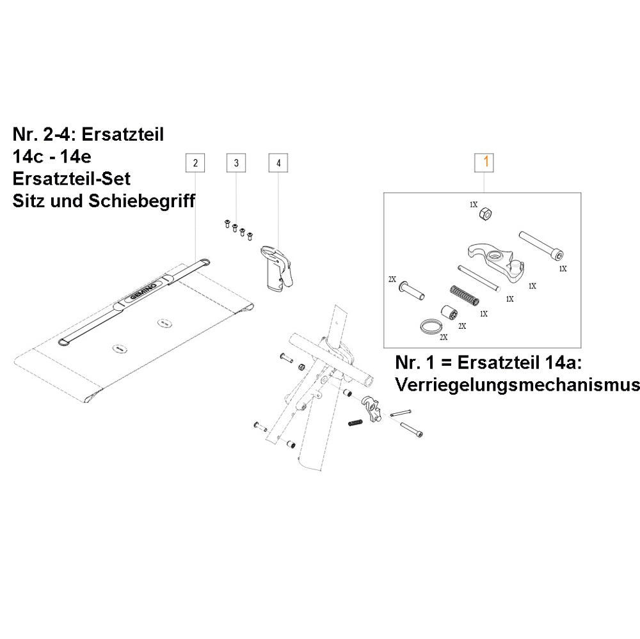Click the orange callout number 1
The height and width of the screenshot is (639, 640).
(484, 162)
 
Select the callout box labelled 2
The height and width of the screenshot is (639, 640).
(195, 163)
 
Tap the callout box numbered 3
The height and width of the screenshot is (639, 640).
(236, 163)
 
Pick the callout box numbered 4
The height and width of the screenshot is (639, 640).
(278, 163)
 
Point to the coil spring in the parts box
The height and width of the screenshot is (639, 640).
(464, 296)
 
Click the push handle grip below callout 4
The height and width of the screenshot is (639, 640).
(278, 269)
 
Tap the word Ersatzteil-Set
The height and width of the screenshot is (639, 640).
(71, 178)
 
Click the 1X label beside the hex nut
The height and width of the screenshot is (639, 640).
(473, 205)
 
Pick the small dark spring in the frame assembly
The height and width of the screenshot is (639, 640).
(355, 422)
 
